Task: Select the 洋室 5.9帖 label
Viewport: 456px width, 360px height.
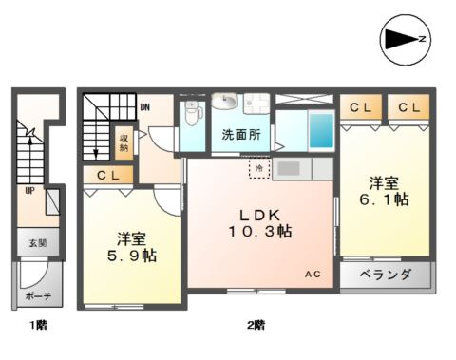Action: [130, 247]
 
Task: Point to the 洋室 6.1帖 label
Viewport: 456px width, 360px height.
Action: [383, 190]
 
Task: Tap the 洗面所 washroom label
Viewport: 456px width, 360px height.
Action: [241, 134]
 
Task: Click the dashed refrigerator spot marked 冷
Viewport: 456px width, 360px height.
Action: [257, 167]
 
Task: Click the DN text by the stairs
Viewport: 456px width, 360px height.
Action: [144, 107]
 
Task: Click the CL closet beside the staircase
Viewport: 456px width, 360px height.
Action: [105, 176]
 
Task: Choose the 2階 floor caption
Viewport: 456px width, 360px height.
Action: [255, 326]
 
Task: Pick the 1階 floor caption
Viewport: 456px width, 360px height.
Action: [37, 326]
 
